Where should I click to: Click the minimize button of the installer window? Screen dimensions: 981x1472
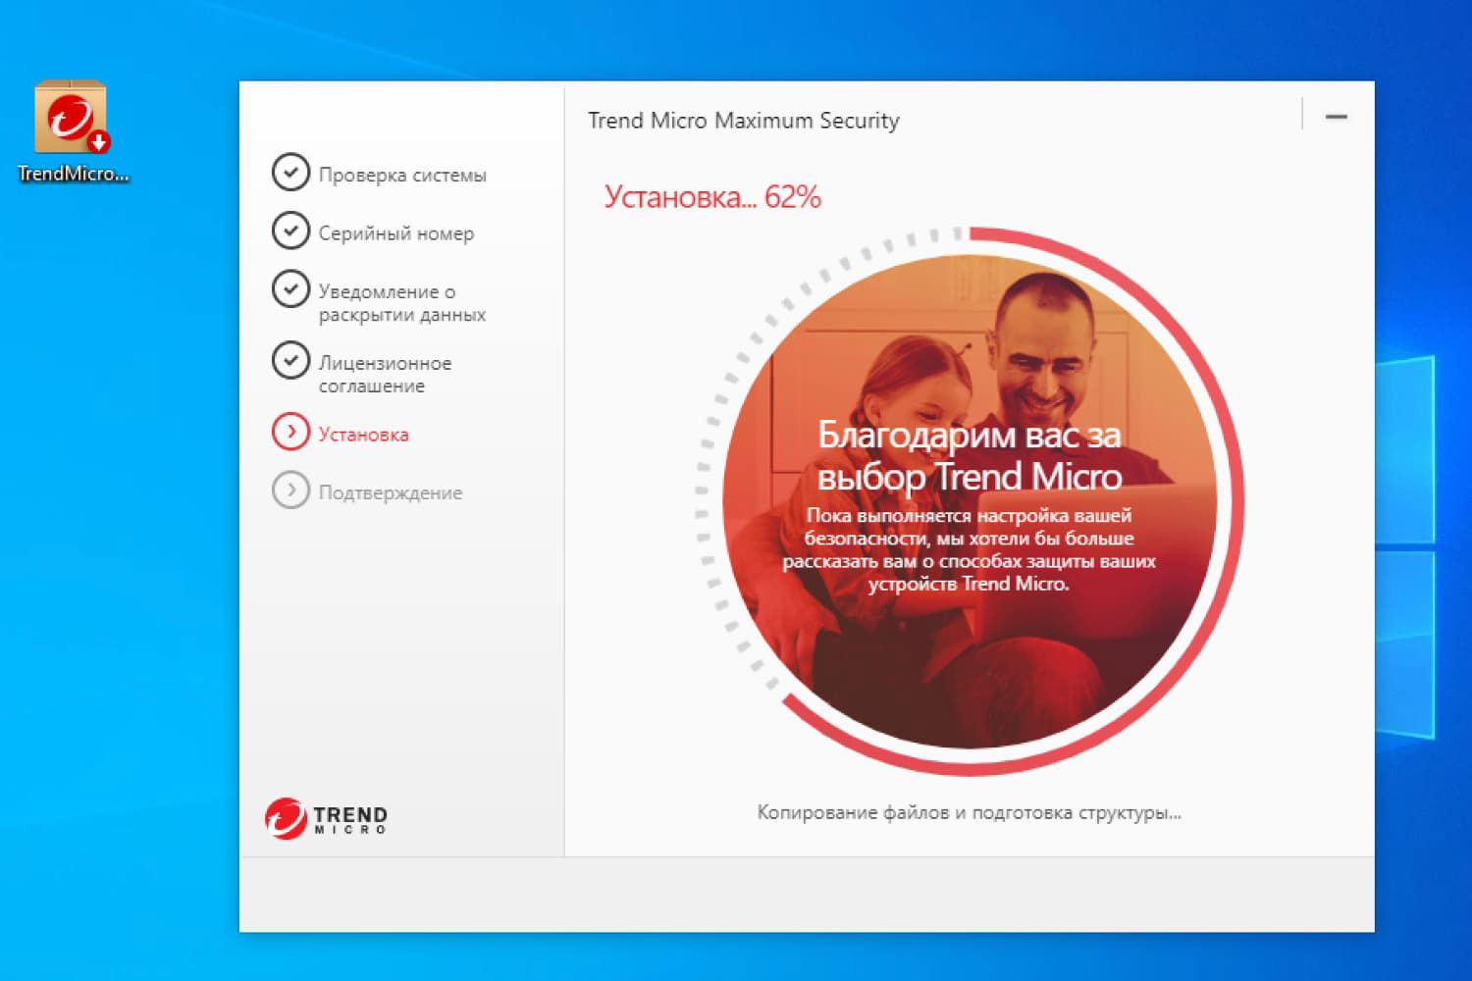(1336, 117)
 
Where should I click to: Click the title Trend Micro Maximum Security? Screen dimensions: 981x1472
(743, 121)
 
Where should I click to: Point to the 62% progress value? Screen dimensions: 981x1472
(793, 197)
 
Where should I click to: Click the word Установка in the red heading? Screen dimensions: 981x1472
(673, 197)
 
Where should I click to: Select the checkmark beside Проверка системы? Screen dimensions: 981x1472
(290, 172)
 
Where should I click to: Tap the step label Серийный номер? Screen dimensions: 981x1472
(395, 233)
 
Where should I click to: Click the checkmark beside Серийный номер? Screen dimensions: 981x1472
(290, 231)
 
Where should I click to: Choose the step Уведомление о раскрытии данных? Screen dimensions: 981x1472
(400, 302)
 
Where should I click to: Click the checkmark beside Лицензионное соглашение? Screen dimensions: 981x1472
(290, 360)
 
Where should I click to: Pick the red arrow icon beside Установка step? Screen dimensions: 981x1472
(290, 432)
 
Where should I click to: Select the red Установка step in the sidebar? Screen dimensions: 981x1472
(363, 435)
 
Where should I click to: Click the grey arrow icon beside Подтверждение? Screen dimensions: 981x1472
(290, 490)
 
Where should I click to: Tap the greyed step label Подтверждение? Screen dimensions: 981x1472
(390, 492)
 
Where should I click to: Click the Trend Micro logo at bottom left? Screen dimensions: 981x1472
(326, 817)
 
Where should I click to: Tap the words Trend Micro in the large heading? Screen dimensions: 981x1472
(1027, 477)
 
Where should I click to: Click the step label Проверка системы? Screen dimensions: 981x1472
(401, 175)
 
